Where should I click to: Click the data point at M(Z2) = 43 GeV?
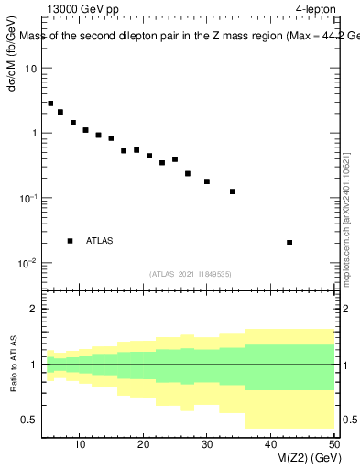tap(289, 243)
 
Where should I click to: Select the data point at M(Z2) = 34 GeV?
tap(233, 191)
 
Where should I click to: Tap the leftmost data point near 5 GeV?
tap(50, 104)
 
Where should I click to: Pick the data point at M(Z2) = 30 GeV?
tap(207, 181)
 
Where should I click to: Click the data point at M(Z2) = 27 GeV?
tap(188, 173)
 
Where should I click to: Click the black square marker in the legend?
tap(70, 241)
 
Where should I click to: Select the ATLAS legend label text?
tap(100, 241)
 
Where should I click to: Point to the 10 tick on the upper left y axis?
tap(31, 69)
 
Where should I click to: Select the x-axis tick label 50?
tap(333, 444)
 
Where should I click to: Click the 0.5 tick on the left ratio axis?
tap(29, 420)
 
